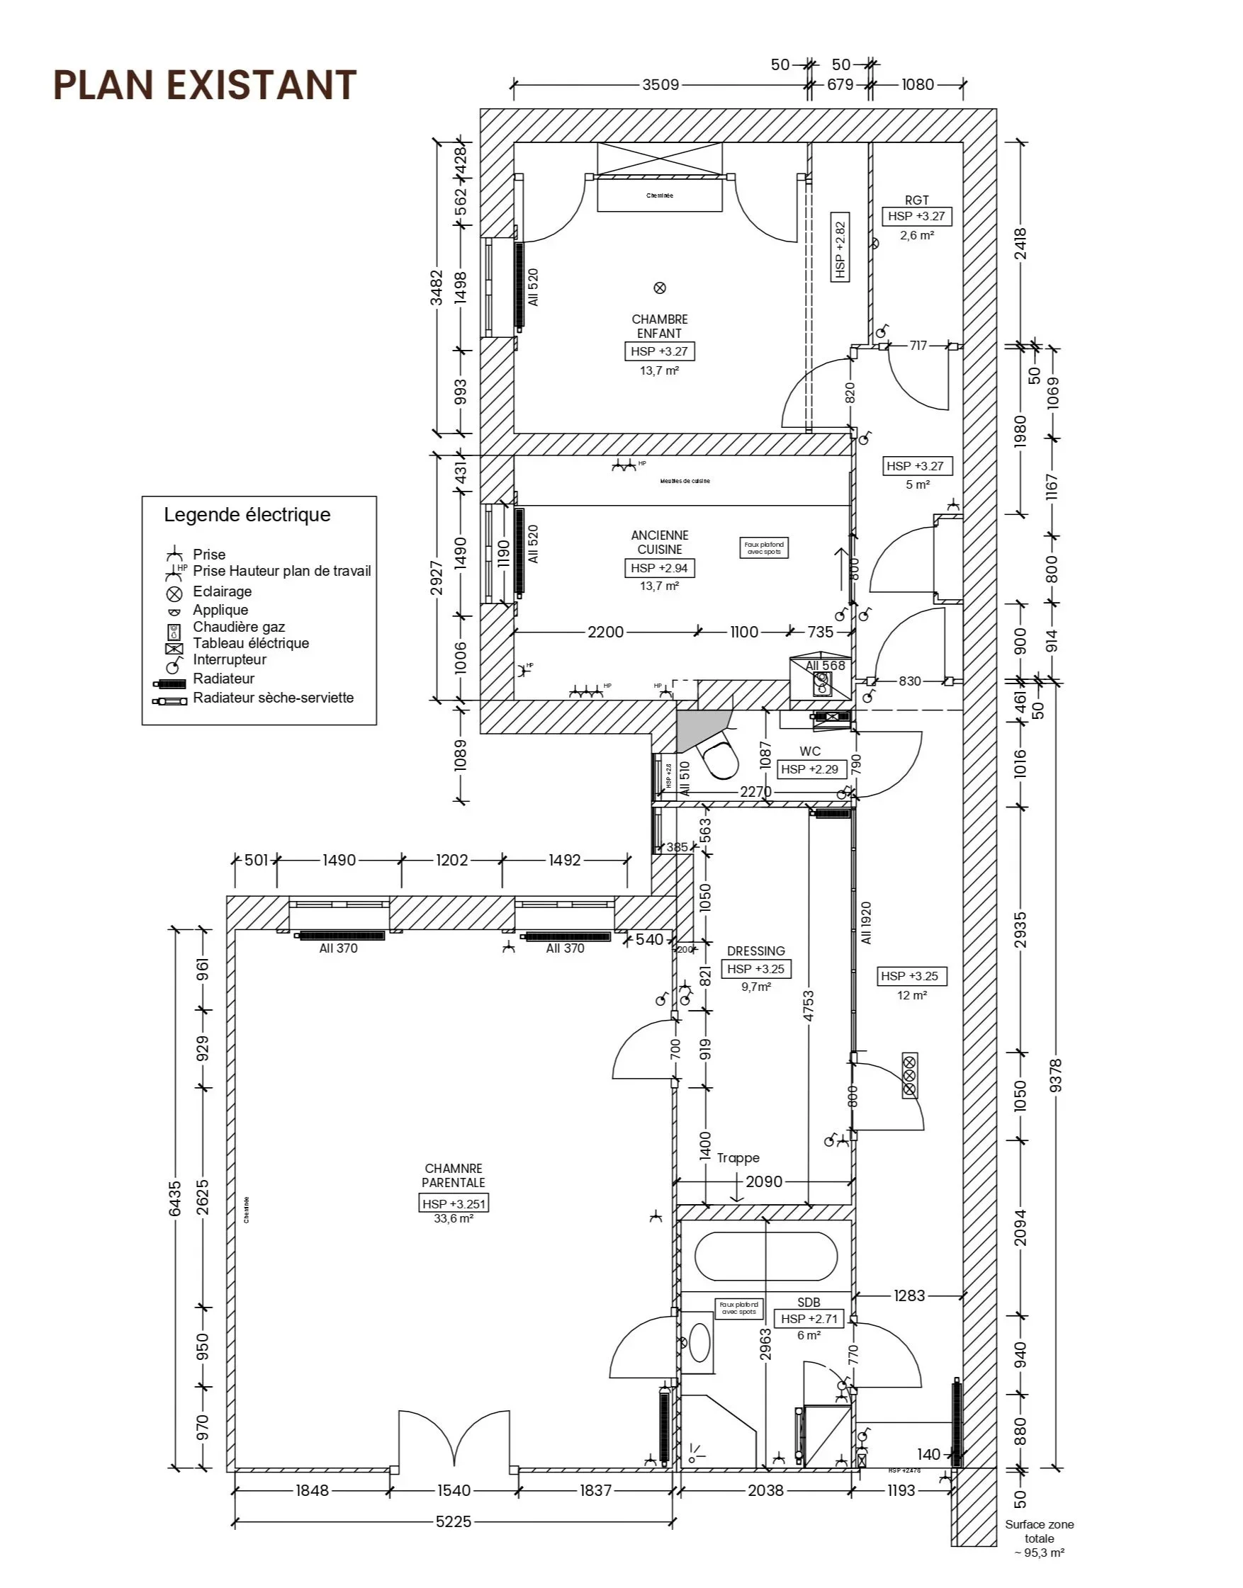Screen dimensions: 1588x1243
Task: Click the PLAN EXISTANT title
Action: tap(206, 85)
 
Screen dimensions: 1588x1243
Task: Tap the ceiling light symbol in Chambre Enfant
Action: tap(660, 288)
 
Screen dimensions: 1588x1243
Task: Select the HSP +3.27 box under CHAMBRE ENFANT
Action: tap(659, 351)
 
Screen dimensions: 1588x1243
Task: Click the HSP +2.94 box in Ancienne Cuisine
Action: tap(659, 568)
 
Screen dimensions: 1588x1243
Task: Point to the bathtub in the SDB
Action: tap(765, 1257)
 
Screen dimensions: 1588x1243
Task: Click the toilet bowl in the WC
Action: tap(719, 759)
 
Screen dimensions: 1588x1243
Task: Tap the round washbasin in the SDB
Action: tap(699, 1343)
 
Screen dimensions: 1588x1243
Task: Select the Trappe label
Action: tap(738, 1158)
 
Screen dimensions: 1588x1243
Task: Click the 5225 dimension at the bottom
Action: tap(454, 1521)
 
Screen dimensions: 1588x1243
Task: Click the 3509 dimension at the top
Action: tap(660, 85)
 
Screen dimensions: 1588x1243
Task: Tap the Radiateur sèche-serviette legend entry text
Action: tap(273, 698)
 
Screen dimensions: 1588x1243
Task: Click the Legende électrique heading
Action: tap(247, 515)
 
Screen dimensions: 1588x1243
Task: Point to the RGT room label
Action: tap(917, 200)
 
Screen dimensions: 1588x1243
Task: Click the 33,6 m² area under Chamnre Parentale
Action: tap(454, 1218)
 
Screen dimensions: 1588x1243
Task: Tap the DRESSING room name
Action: tap(756, 951)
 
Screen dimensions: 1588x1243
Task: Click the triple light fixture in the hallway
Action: tap(910, 1075)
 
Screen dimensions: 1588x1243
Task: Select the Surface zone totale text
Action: tap(1039, 1531)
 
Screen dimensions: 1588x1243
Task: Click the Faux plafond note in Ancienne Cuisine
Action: tap(763, 548)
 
